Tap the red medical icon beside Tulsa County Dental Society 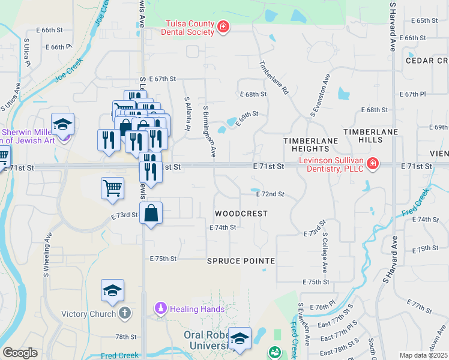point(223,26)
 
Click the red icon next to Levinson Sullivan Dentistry point(373,163)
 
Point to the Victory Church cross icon point(124,313)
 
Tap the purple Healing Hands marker point(160,309)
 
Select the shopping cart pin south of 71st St point(112,188)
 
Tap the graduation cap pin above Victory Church point(112,290)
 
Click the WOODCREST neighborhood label point(241,214)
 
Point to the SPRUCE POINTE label point(241,261)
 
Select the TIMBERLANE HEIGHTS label point(310,144)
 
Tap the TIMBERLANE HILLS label point(363,135)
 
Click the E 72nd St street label point(270,194)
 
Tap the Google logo point(20,353)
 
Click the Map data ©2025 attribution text point(423,355)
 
